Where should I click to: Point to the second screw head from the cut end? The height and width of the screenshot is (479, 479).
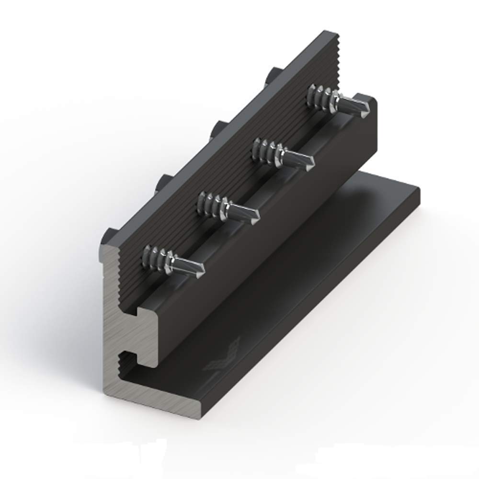(x=163, y=182)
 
